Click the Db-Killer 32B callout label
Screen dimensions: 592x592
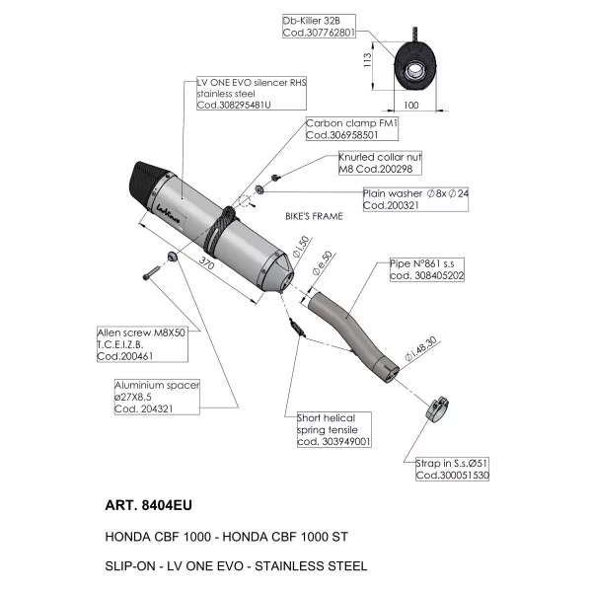point(319,27)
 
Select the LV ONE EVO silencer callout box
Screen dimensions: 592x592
point(252,94)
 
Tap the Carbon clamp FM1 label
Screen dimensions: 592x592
point(352,129)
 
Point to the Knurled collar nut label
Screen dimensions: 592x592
point(380,163)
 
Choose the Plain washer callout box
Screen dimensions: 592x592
point(415,199)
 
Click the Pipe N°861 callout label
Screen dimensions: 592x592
point(427,269)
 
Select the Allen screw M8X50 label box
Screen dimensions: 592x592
point(142,344)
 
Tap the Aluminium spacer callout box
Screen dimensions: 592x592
point(157,397)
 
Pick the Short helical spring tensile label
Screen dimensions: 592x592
point(334,429)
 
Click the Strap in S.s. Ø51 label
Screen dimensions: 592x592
point(452,469)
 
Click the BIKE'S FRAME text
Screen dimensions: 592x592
point(314,216)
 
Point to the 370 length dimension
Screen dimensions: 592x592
point(206,263)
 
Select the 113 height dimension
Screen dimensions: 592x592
point(367,60)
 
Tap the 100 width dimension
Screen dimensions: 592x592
point(411,106)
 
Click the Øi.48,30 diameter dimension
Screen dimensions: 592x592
point(420,349)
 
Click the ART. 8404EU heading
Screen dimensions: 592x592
point(148,505)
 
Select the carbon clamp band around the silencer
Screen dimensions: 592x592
point(220,230)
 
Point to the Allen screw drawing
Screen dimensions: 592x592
point(151,273)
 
